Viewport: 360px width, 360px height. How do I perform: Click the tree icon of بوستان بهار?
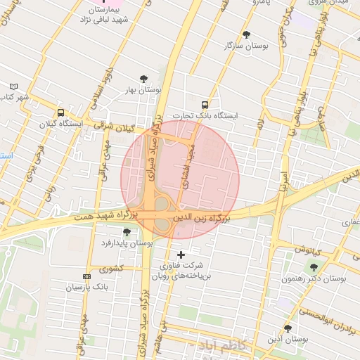pyautogui.click(x=144, y=79)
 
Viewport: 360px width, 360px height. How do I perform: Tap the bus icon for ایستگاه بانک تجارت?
pyautogui.click(x=205, y=103)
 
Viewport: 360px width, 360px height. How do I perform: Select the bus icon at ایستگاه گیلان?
pyautogui.click(x=60, y=112)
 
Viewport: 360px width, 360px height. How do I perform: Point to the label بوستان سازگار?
pyautogui.click(x=245, y=46)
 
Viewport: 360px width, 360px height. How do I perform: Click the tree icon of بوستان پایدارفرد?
pyautogui.click(x=127, y=232)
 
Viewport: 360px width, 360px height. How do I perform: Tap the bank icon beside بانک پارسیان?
pyautogui.click(x=86, y=276)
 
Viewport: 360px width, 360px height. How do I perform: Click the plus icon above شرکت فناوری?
pyautogui.click(x=181, y=254)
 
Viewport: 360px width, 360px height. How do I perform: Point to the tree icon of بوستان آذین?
pyautogui.click(x=288, y=328)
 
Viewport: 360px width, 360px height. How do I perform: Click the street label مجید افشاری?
pyautogui.click(x=188, y=167)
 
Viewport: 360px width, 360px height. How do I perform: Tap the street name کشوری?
pyautogui.click(x=110, y=269)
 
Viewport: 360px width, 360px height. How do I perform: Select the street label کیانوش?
pyautogui.click(x=308, y=250)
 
